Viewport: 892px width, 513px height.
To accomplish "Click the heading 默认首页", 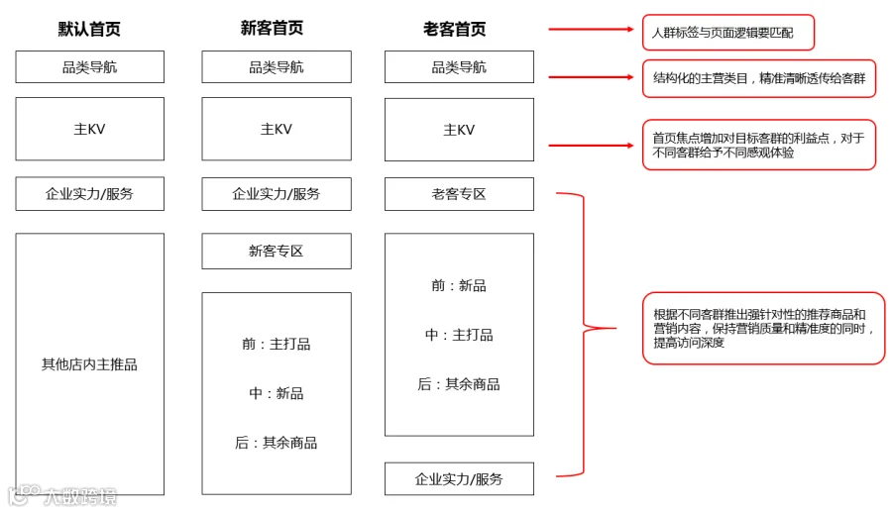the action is [x=89, y=29].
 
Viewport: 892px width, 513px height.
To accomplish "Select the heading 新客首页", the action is [x=272, y=28].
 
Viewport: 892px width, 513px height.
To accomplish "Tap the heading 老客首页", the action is [x=455, y=29].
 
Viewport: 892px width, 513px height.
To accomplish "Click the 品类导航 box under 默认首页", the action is [x=90, y=67].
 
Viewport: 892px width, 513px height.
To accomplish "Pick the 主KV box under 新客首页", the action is [x=277, y=129].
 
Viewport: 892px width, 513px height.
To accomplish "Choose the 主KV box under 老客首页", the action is [x=459, y=130].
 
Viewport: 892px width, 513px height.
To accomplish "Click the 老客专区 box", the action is [x=459, y=194].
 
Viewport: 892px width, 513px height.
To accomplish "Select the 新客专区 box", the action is [x=277, y=251].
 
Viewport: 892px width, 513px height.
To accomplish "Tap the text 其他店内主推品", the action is [x=89, y=364].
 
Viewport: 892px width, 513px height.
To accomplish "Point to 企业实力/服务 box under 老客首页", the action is [x=459, y=479].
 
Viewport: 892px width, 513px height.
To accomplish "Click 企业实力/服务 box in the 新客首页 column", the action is [x=277, y=194].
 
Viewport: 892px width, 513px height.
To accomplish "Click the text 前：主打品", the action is [x=277, y=344].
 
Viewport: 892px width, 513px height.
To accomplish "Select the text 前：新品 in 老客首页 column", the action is [x=459, y=285].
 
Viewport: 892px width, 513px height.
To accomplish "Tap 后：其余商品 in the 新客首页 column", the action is [x=277, y=443].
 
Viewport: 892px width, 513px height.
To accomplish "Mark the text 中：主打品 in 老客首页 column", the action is [x=459, y=335].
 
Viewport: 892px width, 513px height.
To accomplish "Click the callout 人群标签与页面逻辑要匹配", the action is [x=728, y=33].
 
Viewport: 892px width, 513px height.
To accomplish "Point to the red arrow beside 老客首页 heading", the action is [x=591, y=29].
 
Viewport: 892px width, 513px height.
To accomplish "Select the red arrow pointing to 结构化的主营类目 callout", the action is [x=591, y=77].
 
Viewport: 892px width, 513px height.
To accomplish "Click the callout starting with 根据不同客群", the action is [x=763, y=328].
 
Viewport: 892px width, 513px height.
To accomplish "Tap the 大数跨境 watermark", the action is [x=62, y=496].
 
